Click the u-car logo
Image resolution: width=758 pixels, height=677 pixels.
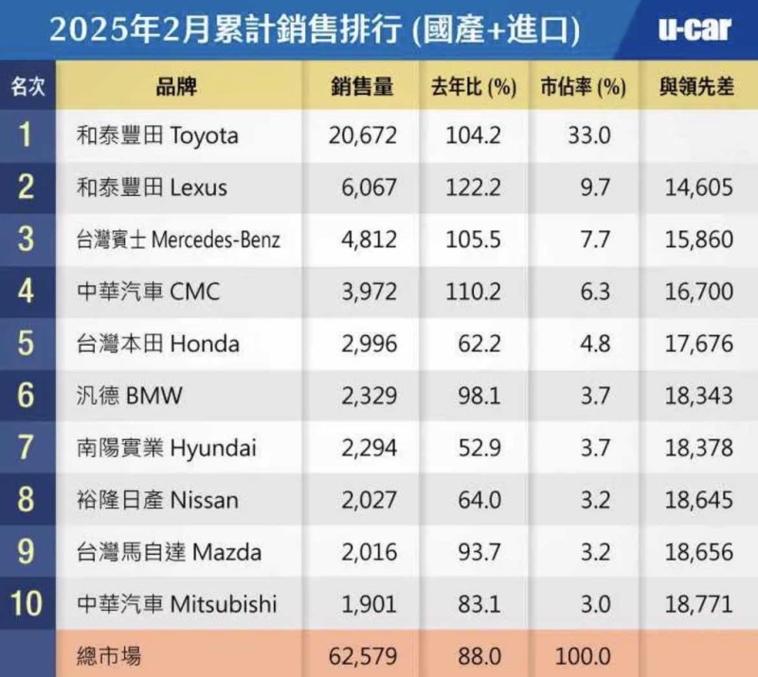(x=695, y=29)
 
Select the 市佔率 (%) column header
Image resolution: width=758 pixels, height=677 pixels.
(x=584, y=87)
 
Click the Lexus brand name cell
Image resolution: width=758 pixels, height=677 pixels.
(x=152, y=187)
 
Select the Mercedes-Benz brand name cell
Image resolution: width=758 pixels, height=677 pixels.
(x=178, y=240)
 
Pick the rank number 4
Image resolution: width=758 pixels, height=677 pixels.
(x=26, y=291)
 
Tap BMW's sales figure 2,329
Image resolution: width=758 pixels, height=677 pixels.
(x=365, y=395)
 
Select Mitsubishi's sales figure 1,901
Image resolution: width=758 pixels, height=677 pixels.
(x=365, y=603)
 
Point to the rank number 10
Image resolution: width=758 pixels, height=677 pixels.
(x=26, y=603)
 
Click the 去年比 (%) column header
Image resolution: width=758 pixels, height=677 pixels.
(x=473, y=87)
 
